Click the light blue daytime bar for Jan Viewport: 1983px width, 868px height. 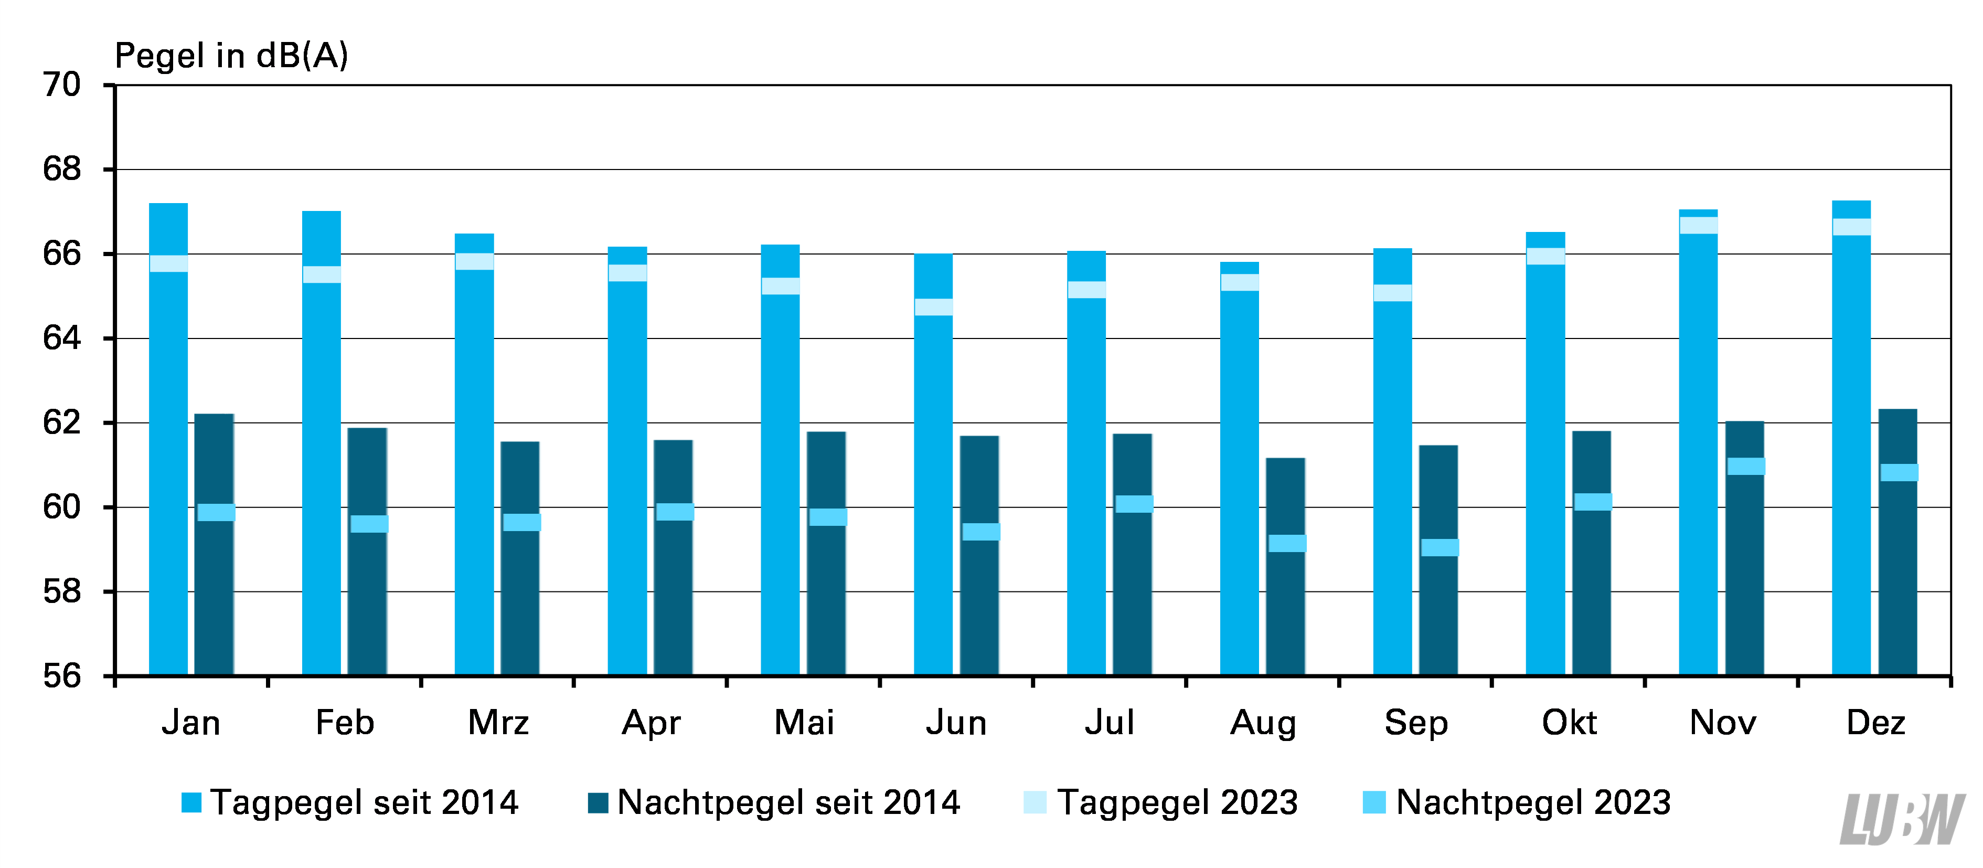(x=168, y=439)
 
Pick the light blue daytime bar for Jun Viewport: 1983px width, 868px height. (x=933, y=464)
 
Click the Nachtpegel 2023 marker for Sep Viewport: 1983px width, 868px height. (x=1440, y=547)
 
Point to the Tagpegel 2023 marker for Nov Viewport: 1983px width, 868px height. (x=1698, y=225)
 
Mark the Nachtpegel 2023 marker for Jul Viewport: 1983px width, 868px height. (x=1134, y=504)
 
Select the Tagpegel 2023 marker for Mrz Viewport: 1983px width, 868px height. (x=474, y=261)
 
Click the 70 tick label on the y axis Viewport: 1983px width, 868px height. (x=61, y=84)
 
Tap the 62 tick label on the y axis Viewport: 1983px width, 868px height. (x=61, y=423)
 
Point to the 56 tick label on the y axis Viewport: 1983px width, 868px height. (x=61, y=676)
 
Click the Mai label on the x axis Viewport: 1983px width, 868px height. (x=804, y=723)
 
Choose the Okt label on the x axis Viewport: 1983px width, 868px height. (x=1569, y=723)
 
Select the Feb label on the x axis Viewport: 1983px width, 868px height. (x=344, y=723)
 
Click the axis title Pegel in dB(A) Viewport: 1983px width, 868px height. (x=231, y=56)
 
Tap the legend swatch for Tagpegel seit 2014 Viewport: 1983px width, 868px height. (x=191, y=802)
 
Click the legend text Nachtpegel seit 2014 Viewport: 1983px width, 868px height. (x=788, y=802)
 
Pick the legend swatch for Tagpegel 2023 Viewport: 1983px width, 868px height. (x=1035, y=802)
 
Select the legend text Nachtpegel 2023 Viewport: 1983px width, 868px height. (x=1533, y=802)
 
